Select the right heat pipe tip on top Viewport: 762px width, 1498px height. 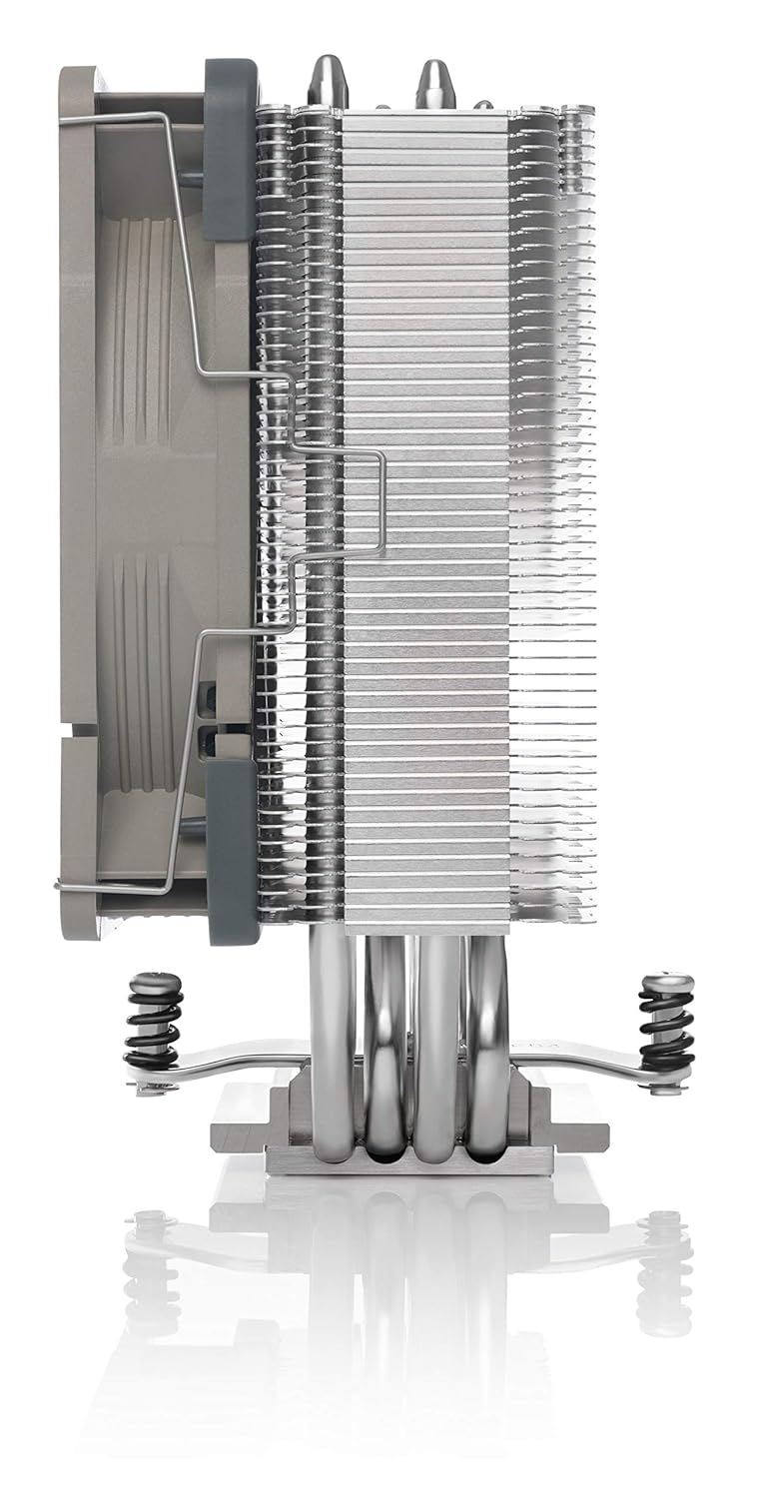[x=435, y=82]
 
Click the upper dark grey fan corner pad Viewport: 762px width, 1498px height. [x=229, y=150]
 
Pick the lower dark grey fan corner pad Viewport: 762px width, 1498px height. [x=232, y=849]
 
